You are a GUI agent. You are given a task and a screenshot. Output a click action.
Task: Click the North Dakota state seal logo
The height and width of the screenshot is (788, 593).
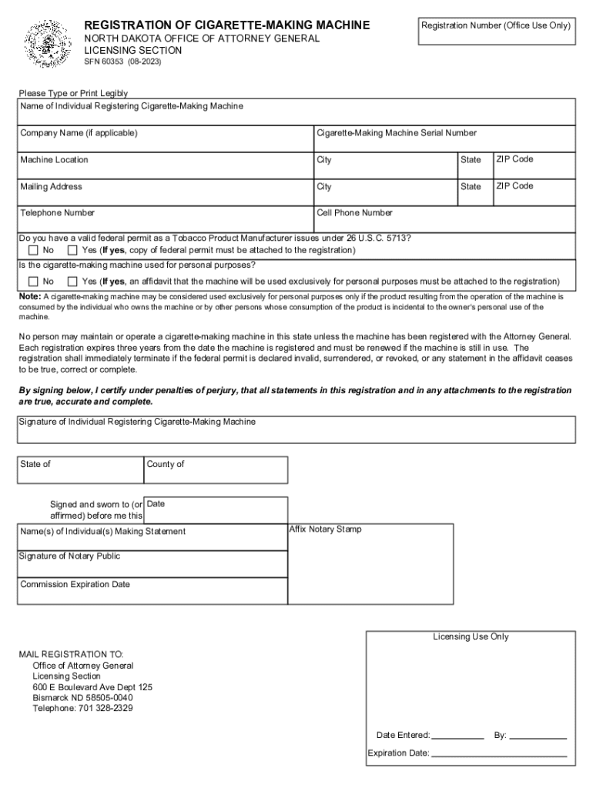[x=47, y=44]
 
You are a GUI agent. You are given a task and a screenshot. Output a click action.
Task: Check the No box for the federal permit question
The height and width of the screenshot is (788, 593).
[x=33, y=251]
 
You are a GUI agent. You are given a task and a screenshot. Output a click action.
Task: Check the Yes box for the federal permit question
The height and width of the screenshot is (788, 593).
[x=72, y=251]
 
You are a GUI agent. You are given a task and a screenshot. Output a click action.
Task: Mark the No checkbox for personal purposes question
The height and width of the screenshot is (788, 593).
[x=33, y=281]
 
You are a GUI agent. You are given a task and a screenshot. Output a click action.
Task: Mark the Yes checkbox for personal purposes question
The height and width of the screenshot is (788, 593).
[x=72, y=281]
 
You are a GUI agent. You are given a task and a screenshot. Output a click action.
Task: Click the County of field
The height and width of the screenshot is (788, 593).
[x=216, y=470]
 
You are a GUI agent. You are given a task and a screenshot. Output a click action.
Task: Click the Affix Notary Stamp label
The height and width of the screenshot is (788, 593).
[x=325, y=529]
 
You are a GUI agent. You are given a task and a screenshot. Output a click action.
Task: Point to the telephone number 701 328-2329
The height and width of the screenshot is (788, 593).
[x=106, y=709]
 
